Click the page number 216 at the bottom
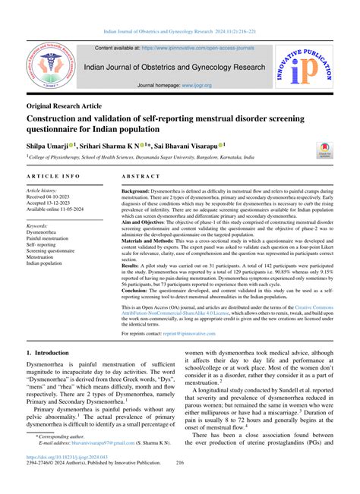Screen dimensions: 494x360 coord(180,483)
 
